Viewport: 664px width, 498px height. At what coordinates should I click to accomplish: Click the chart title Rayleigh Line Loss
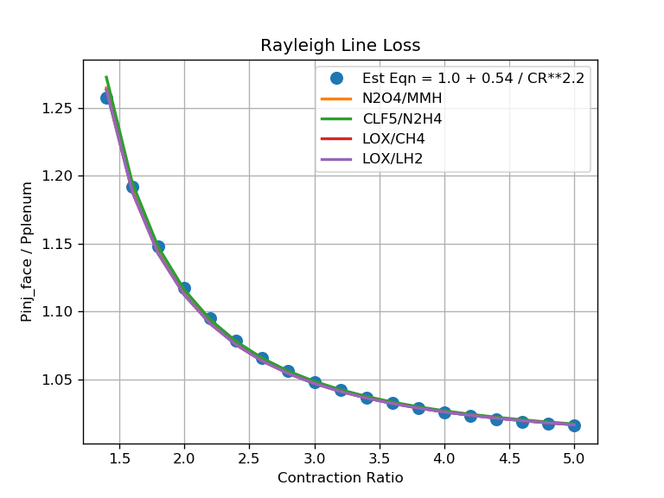click(340, 46)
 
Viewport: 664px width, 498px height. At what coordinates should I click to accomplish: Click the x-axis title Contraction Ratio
click(340, 477)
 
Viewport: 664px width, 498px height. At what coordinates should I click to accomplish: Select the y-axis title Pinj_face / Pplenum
click(27, 252)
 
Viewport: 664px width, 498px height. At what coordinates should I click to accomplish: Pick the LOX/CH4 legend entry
click(393, 138)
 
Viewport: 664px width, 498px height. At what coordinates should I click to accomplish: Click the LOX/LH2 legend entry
click(393, 158)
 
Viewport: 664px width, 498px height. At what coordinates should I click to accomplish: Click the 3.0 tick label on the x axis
click(315, 457)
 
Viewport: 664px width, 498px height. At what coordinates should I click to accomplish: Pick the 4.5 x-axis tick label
click(509, 457)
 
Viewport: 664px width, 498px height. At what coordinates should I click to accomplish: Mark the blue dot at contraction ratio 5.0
click(574, 425)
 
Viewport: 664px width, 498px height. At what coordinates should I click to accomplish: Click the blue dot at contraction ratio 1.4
click(106, 98)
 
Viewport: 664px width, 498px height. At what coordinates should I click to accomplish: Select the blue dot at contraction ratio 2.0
click(184, 288)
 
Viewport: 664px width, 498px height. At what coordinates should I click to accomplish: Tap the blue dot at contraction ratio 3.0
click(315, 382)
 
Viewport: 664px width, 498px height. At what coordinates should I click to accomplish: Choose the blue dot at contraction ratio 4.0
click(444, 412)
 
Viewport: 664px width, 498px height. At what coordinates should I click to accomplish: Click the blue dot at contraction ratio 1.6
click(132, 187)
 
